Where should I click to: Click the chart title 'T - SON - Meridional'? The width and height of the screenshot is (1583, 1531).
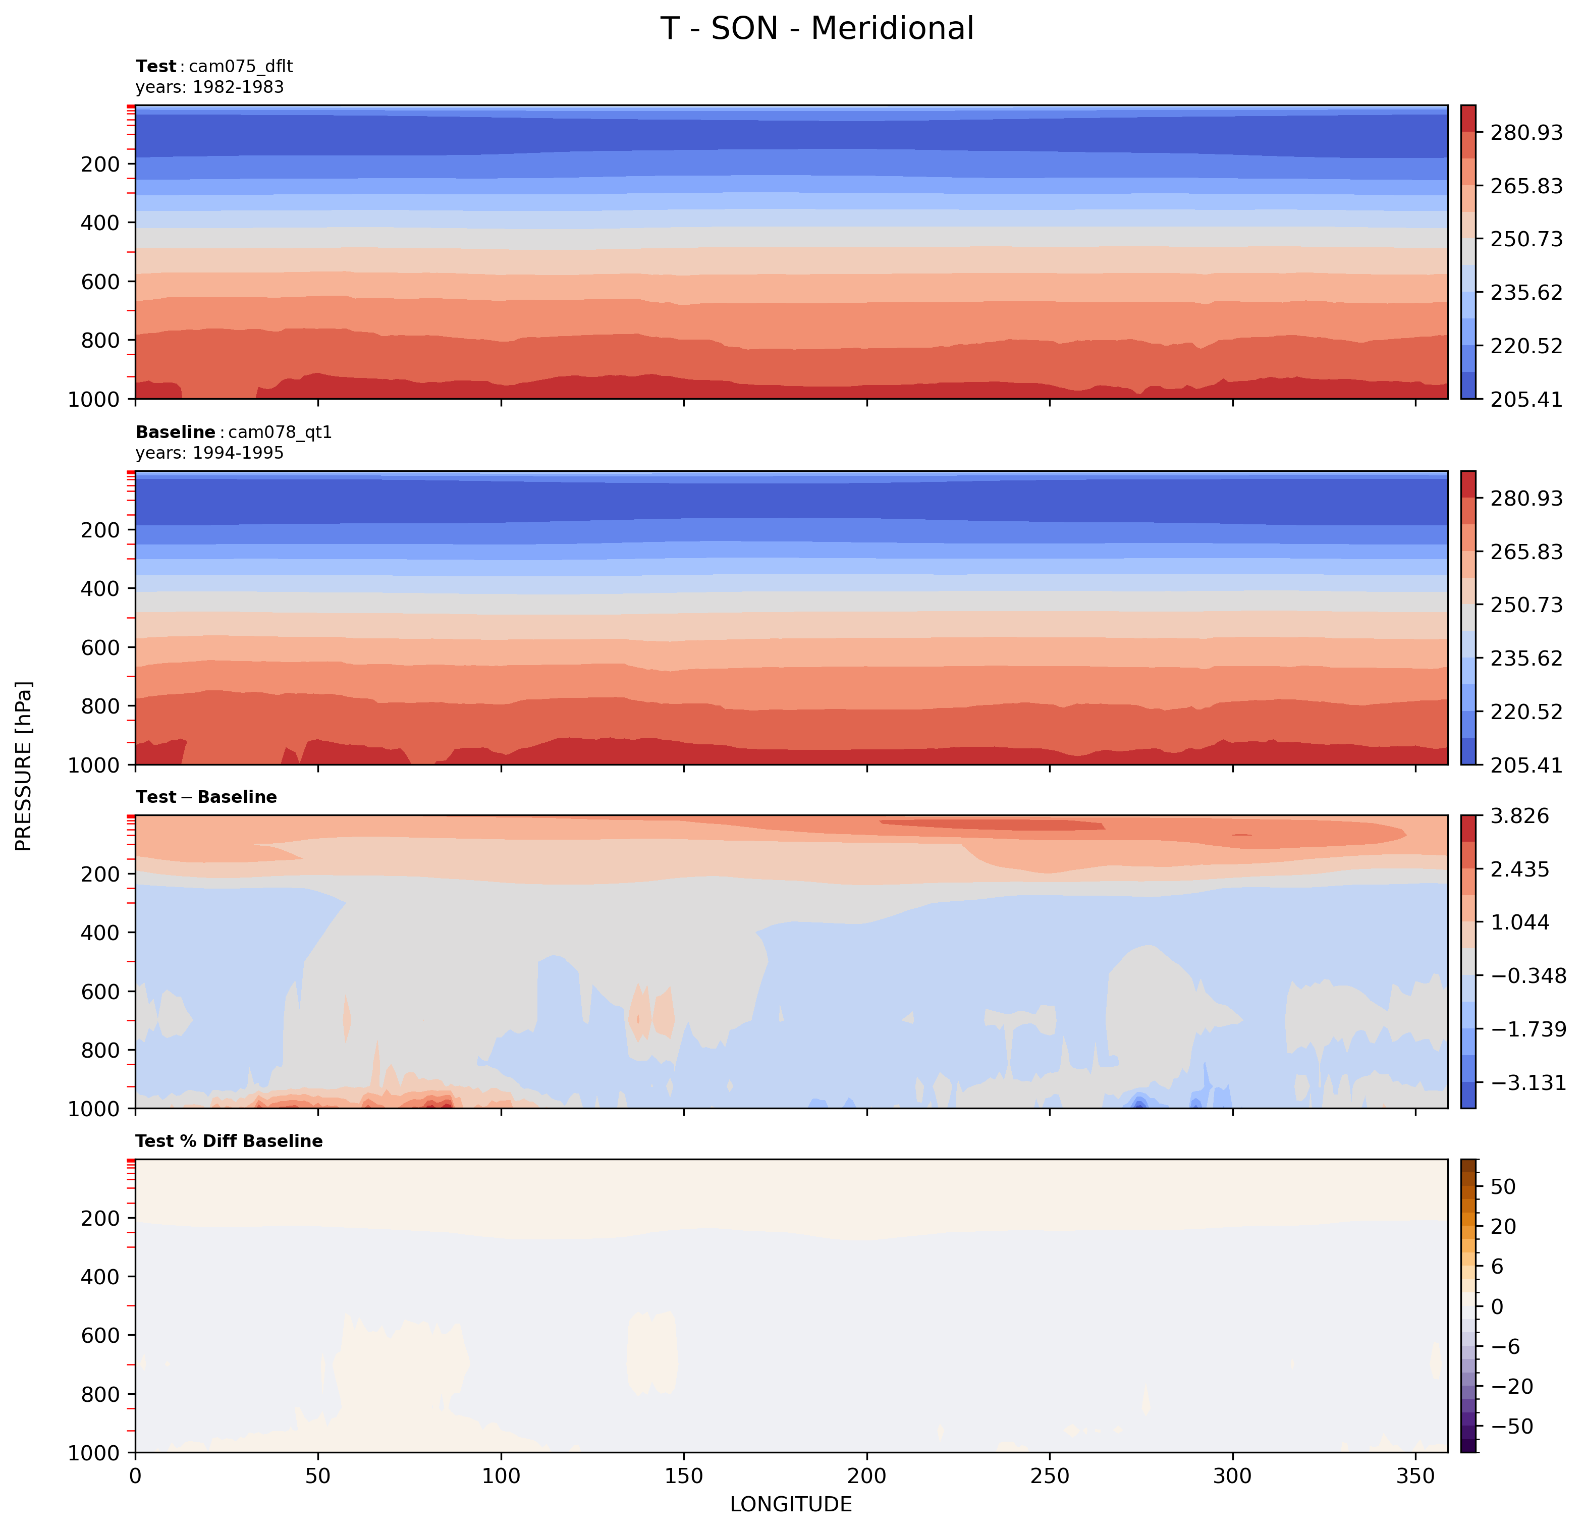tap(816, 29)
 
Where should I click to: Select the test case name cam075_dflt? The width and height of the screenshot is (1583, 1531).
tap(241, 66)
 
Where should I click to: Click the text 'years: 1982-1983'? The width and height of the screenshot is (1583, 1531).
tap(209, 87)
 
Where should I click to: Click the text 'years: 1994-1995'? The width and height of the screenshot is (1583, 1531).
tap(209, 453)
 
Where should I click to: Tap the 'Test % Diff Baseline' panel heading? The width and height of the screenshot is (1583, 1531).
tap(229, 1141)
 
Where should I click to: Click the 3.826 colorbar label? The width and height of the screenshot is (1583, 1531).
tap(1520, 816)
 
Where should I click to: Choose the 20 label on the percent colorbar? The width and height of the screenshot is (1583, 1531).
tap(1503, 1227)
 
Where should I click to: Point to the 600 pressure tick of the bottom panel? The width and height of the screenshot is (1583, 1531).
tap(100, 1336)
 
